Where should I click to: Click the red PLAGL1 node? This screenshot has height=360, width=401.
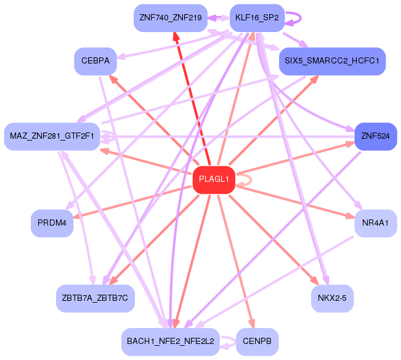click(214, 180)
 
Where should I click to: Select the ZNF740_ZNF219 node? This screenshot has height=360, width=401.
click(171, 18)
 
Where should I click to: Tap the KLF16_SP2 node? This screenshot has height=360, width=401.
click(257, 18)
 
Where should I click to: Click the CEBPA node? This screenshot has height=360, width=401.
click(95, 61)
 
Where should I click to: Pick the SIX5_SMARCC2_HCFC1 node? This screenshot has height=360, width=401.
click(332, 61)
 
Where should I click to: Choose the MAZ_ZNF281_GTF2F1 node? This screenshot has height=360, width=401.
click(52, 136)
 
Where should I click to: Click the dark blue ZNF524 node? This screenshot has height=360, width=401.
click(375, 136)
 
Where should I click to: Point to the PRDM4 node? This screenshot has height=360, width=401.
click(52, 223)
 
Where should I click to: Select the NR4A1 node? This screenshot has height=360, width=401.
click(375, 223)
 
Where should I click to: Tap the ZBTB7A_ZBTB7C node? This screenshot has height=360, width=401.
click(95, 298)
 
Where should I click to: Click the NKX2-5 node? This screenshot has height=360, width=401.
click(332, 298)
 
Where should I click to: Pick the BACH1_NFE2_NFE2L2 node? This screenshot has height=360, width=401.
click(171, 342)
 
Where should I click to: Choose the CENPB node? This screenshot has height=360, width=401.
click(257, 342)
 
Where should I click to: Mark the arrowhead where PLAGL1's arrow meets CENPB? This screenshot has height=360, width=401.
click(252, 324)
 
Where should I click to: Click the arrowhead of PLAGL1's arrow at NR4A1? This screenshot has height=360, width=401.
click(350, 216)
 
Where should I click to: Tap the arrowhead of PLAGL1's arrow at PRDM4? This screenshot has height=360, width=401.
click(78, 216)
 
